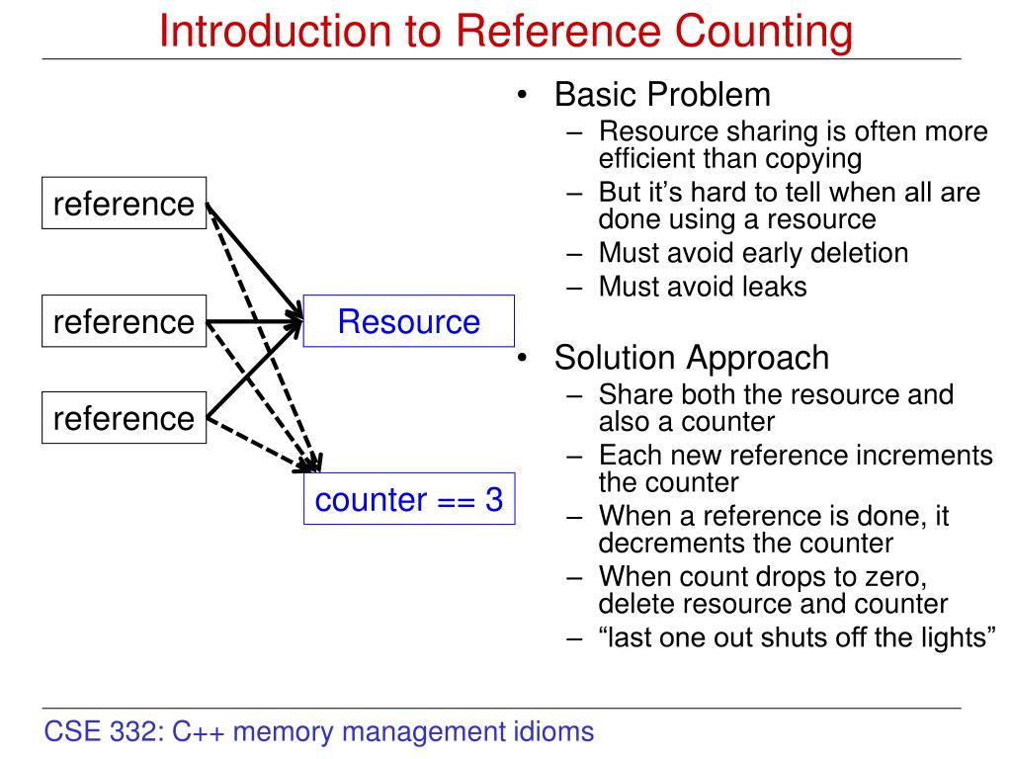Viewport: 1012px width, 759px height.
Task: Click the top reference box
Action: click(124, 204)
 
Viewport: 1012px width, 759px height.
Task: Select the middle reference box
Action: click(124, 321)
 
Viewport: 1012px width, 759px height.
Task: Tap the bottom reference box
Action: click(124, 418)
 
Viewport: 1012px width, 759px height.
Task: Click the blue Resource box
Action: click(408, 321)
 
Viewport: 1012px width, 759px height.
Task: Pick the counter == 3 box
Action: click(408, 500)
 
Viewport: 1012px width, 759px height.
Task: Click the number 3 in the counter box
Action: click(493, 500)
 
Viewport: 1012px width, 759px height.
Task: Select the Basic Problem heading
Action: click(661, 95)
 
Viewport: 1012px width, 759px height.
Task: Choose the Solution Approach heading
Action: click(691, 357)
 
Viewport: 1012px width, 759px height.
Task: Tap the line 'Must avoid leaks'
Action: click(703, 287)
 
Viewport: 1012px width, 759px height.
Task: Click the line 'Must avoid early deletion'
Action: click(753, 252)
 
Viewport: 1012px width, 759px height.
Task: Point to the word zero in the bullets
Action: click(888, 575)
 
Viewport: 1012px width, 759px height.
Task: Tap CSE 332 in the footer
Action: click(103, 732)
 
